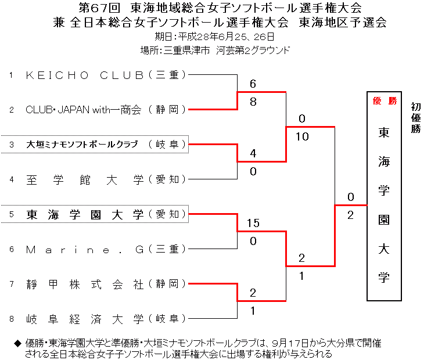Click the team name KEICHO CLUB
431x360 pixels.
click(84, 75)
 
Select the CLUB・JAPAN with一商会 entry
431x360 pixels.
click(84, 110)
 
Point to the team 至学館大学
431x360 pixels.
click(84, 179)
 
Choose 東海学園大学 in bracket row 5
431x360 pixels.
click(85, 214)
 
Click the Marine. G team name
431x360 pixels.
click(84, 249)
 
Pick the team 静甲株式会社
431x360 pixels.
click(84, 284)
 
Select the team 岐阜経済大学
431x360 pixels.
click(84, 319)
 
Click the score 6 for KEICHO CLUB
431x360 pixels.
click(253, 84)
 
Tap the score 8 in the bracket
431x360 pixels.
click(253, 101)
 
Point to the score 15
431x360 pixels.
click(253, 224)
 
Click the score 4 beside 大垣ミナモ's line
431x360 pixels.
click(253, 154)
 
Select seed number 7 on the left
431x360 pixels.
click(11, 284)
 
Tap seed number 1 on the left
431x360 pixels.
click(11, 75)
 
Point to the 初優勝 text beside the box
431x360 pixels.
click(415, 118)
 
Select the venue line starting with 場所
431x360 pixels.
click(215, 51)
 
